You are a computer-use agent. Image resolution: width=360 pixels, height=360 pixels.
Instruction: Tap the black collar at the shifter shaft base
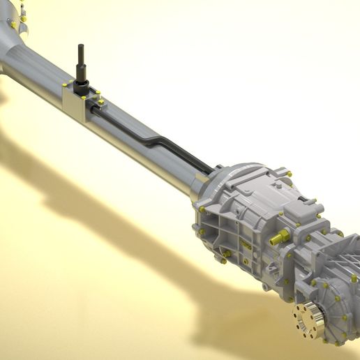click(81, 87)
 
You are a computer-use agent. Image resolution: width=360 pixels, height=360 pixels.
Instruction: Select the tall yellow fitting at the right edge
click(354, 278)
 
